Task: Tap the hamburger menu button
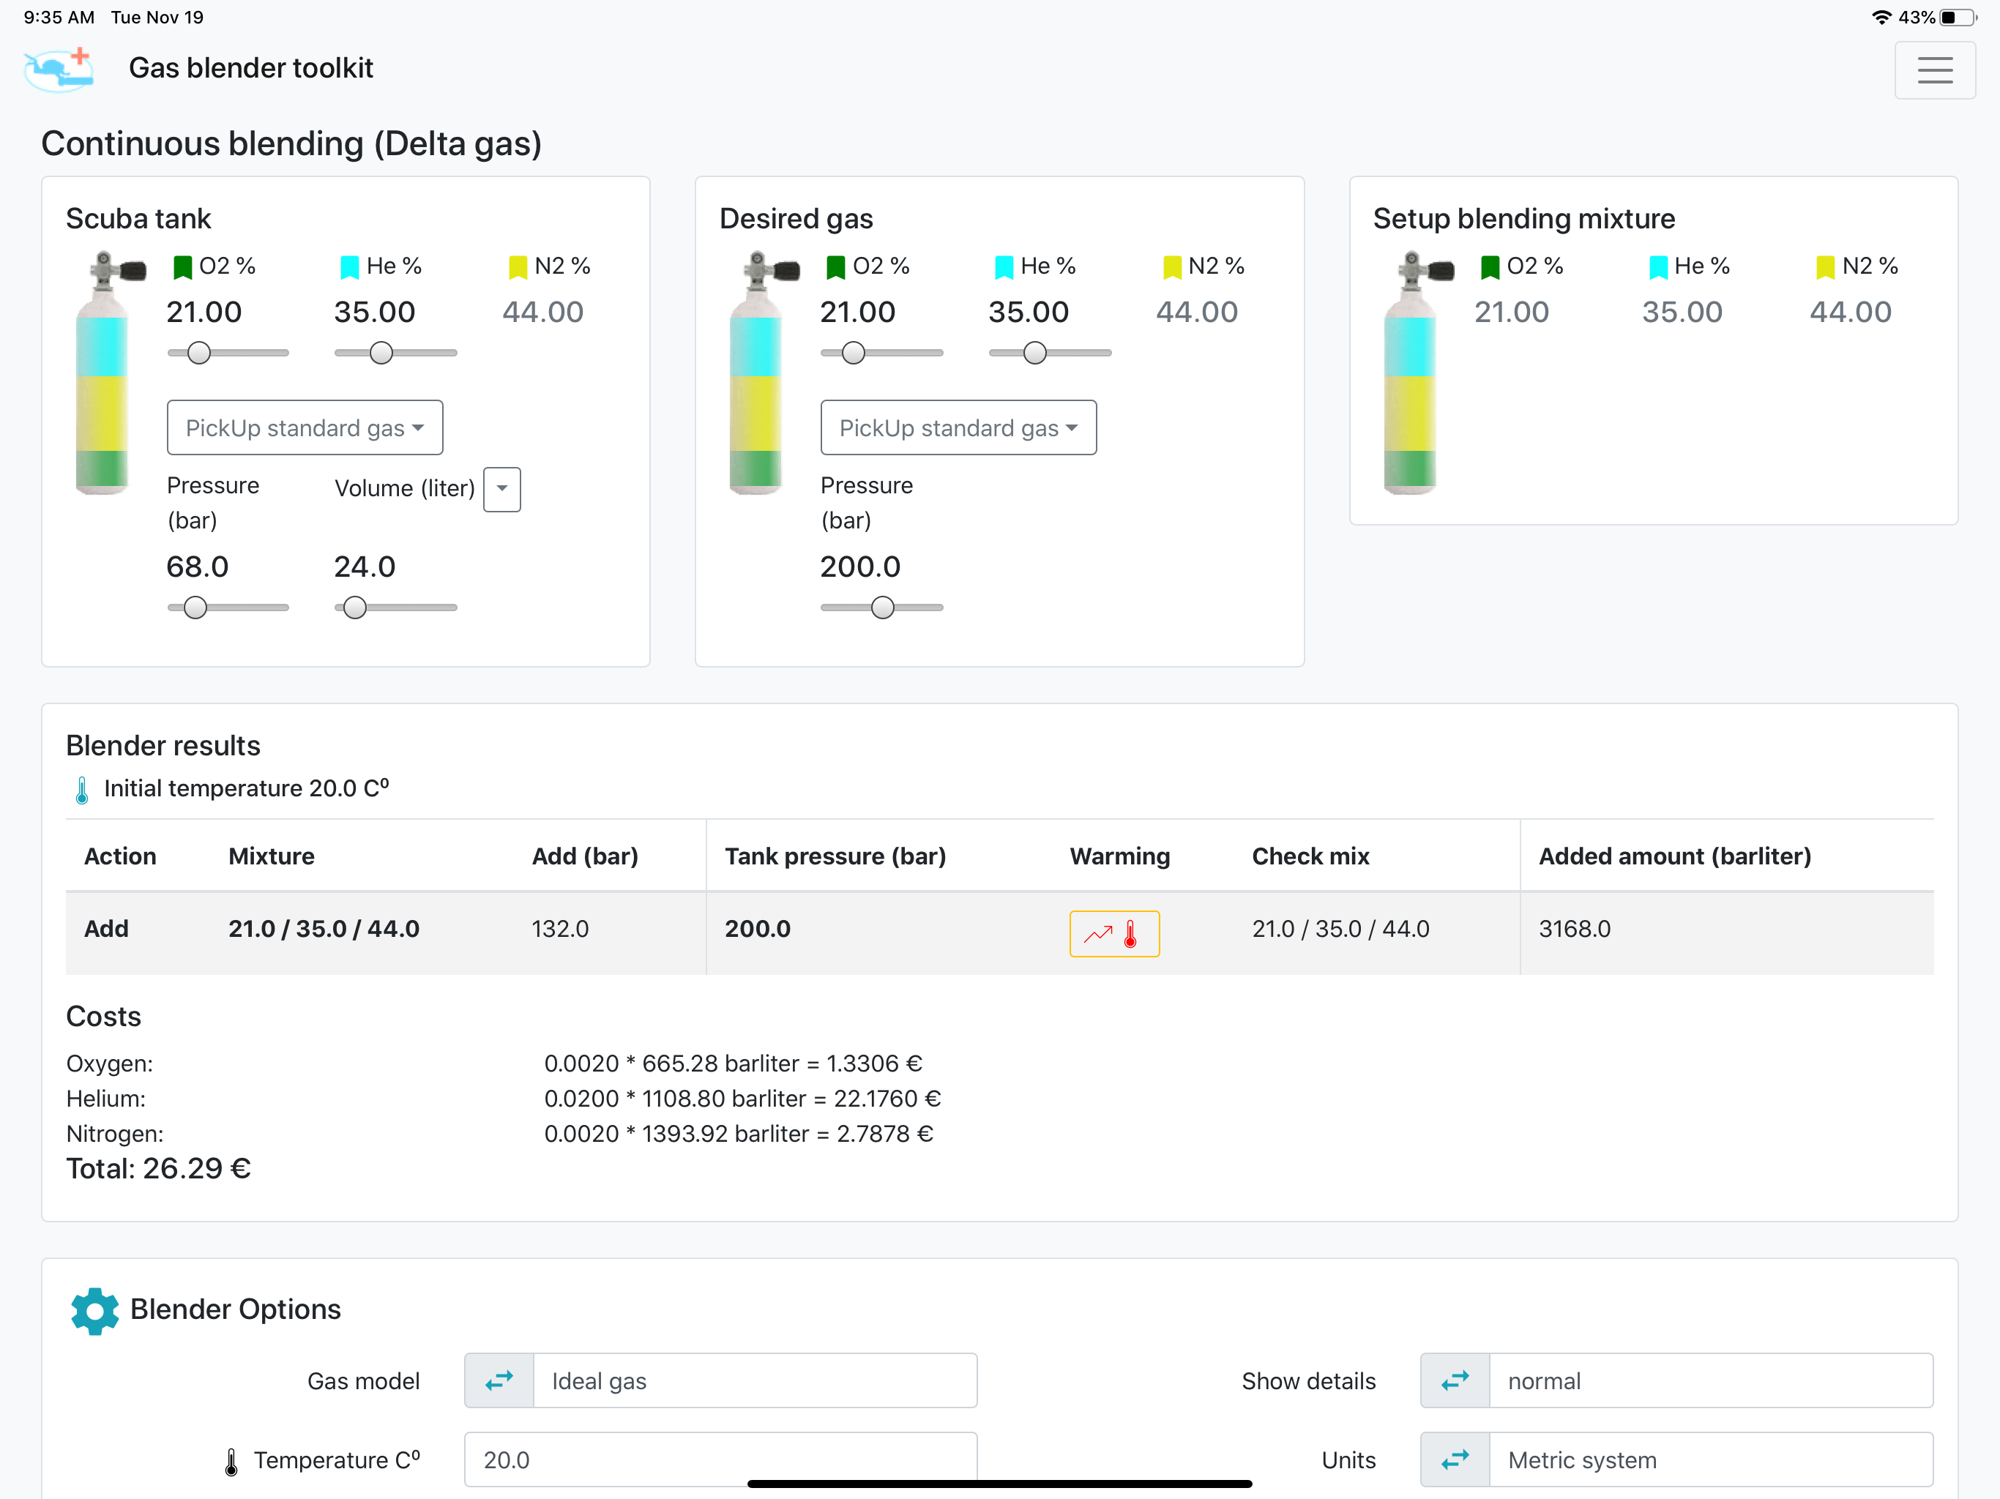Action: coord(1934,70)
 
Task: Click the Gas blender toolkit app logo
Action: coord(59,69)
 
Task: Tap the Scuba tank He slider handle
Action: coord(381,353)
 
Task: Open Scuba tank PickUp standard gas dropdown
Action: coord(305,427)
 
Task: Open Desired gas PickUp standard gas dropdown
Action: coord(958,427)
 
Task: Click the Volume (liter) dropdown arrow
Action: coord(501,489)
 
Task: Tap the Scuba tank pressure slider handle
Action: coord(195,608)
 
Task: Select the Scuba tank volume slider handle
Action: coord(355,608)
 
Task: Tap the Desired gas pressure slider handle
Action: coord(882,608)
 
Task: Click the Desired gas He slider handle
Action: coord(1035,353)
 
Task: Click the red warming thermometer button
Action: coord(1114,933)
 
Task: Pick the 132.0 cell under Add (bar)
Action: coord(560,929)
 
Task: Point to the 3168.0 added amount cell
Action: coord(1574,929)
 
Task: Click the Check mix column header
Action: coord(1310,856)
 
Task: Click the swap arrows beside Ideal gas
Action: coord(499,1380)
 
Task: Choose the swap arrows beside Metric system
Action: coord(1455,1459)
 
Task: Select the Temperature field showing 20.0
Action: coord(720,1459)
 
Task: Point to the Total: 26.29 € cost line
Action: coord(158,1169)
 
